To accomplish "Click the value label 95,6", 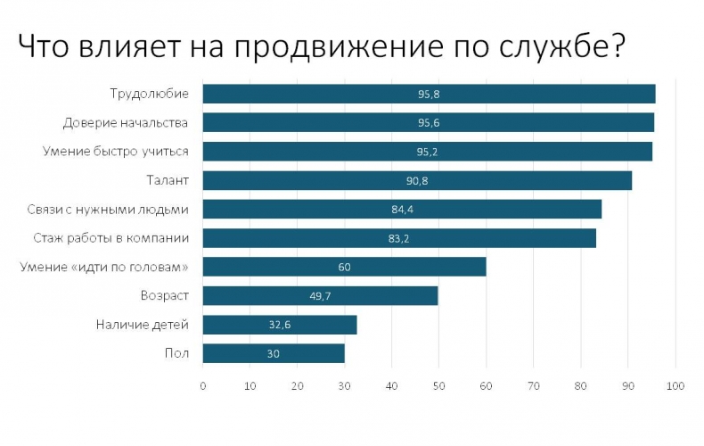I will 429,123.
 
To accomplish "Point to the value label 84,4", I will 403,210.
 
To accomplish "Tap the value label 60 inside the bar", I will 345,267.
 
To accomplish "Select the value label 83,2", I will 398,238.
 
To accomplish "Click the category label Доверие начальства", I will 125,122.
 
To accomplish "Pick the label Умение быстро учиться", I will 116,152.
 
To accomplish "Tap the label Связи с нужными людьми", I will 108,209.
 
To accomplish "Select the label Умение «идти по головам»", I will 104,267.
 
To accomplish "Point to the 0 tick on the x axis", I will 203,385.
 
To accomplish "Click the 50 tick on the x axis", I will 439,385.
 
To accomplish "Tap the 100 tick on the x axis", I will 675,385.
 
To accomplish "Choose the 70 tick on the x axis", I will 534,385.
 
